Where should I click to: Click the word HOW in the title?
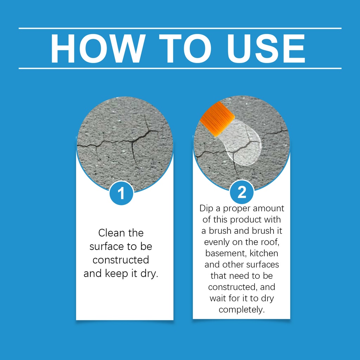pos(98,49)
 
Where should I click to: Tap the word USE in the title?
pos(266,49)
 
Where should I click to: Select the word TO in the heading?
pos(185,49)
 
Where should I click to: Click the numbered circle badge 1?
pos(121,193)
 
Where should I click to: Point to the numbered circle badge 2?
pos(242,192)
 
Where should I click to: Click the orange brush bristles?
pos(217,118)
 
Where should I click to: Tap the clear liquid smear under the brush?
pos(240,144)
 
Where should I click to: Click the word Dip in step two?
pos(206,208)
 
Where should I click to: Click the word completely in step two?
pos(242,310)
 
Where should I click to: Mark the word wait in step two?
pos(217,298)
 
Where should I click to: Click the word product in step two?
pos(246,220)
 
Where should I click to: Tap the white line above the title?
pos(180,28)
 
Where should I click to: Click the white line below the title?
pos(180,69)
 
